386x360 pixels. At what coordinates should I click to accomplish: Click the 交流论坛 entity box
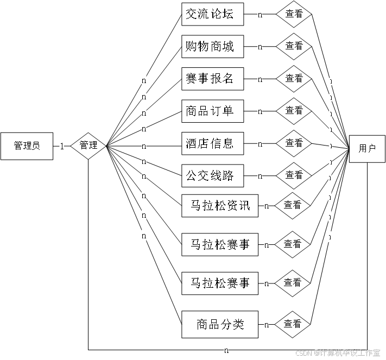212,15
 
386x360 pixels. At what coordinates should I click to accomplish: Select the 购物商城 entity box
212,47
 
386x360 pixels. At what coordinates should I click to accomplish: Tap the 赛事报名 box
212,79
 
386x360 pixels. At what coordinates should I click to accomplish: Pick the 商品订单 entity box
212,111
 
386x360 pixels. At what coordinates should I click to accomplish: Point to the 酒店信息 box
212,143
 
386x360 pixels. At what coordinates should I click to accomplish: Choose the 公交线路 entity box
212,175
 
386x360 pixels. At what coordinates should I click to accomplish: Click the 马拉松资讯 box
220,206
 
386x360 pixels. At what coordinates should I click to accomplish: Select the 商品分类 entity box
220,325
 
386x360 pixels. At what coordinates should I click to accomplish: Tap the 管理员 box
27,146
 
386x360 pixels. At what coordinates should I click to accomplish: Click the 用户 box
367,148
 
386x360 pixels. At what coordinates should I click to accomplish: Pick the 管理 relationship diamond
88,146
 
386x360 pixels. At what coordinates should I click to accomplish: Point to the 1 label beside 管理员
61,146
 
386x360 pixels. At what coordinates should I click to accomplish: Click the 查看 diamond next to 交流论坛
294,15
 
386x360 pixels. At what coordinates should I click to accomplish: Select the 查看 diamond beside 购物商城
294,47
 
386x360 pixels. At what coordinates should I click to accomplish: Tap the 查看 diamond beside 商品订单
294,111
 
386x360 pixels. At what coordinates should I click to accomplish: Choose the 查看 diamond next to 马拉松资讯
292,206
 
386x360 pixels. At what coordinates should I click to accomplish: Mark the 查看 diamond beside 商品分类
292,324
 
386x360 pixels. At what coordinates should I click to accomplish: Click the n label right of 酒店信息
260,144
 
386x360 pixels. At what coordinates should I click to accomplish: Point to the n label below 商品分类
226,350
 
